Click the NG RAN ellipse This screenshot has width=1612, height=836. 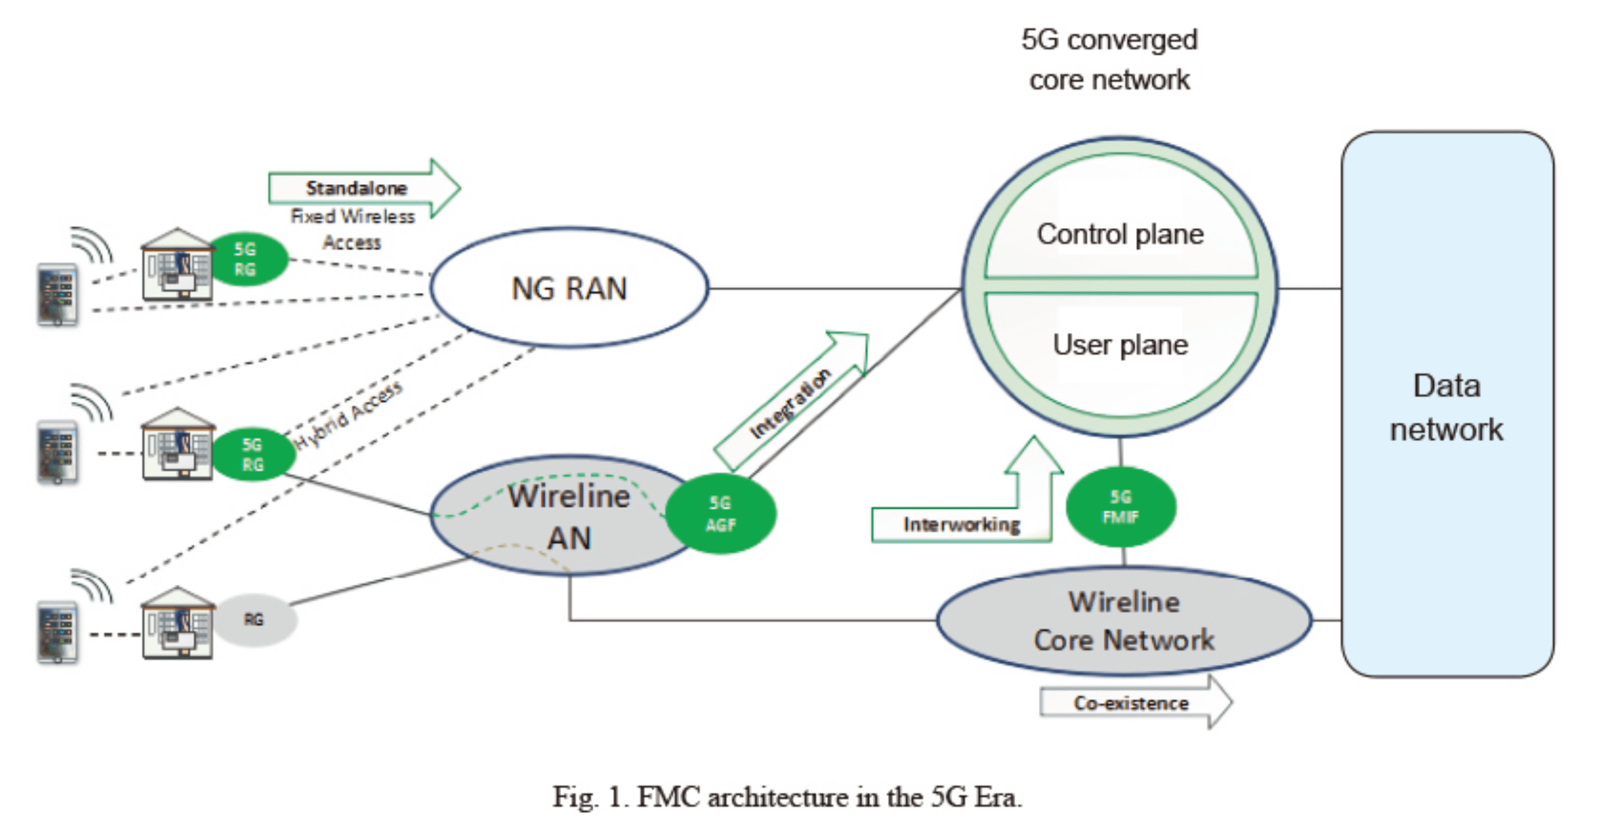point(569,288)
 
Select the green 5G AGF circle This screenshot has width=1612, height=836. point(721,514)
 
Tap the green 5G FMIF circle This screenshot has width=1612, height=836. point(1121,507)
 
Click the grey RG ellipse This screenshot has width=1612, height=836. point(254,619)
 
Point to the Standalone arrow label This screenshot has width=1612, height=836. point(356,188)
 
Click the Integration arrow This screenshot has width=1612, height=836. point(790,404)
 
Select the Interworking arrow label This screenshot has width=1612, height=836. point(961,525)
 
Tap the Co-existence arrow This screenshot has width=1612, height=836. point(1132,703)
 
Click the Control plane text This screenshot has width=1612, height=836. point(1120,234)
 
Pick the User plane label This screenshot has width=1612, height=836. point(1120,345)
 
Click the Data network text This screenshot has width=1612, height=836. point(1446,408)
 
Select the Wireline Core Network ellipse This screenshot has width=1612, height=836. point(1124,620)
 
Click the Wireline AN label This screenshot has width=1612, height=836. point(569,518)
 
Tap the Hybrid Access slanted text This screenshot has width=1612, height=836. point(349,415)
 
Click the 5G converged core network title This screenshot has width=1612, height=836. point(1109,60)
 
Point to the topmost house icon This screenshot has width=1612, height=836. point(177,265)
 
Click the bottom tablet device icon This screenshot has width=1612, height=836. point(58,632)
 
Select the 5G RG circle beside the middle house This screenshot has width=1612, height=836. point(253,454)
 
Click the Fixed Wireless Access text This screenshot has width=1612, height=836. point(353,229)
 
